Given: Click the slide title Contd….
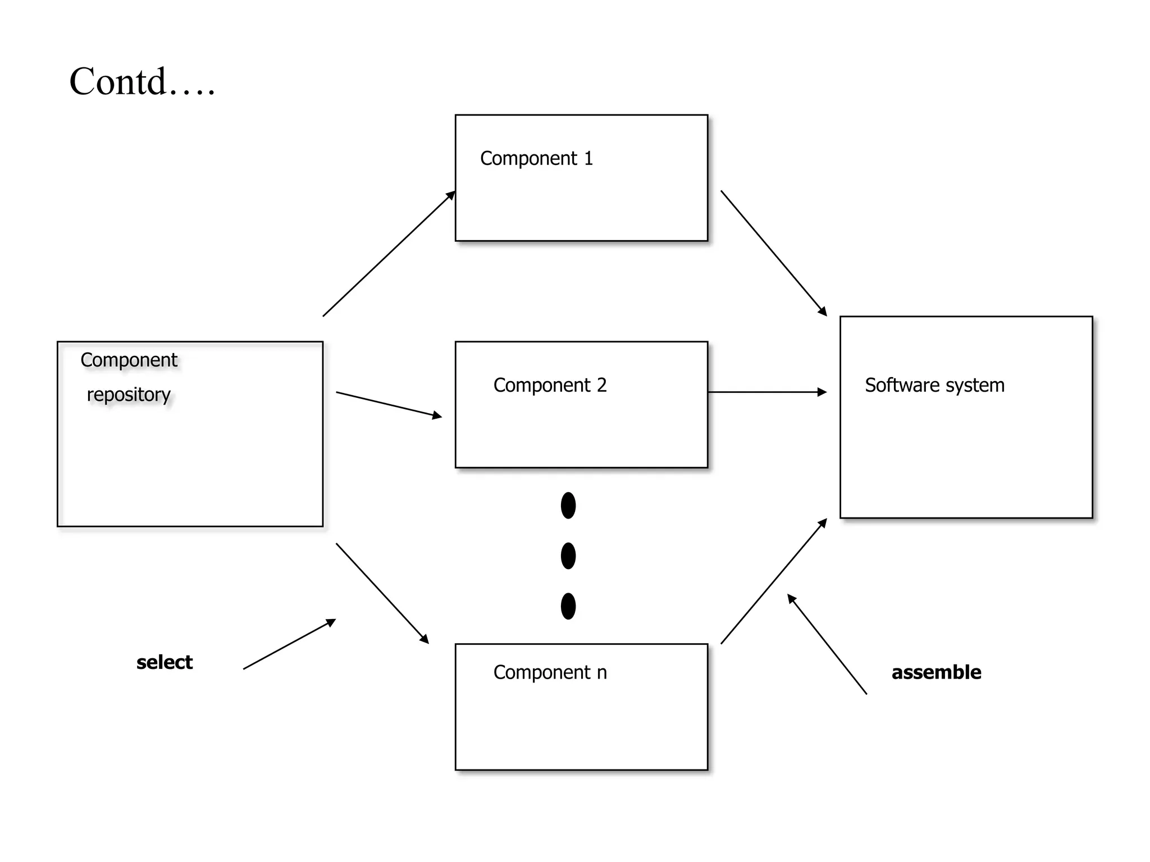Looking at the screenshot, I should pyautogui.click(x=142, y=82).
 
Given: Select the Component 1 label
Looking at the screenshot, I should pyautogui.click(x=536, y=159).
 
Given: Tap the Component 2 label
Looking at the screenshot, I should pyautogui.click(x=550, y=386).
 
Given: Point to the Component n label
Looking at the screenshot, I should pyautogui.click(x=550, y=672).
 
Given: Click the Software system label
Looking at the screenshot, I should pyautogui.click(x=934, y=386).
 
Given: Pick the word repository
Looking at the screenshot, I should pyautogui.click(x=129, y=395).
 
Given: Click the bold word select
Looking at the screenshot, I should pyautogui.click(x=165, y=662).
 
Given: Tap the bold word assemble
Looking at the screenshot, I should pyautogui.click(x=936, y=672).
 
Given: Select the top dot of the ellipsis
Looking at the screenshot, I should pyautogui.click(x=568, y=506).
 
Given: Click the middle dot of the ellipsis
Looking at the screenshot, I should pyautogui.click(x=568, y=556).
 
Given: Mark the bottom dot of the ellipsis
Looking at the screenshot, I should pyautogui.click(x=568, y=606).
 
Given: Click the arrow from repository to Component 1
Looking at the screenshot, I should pyautogui.click(x=389, y=254).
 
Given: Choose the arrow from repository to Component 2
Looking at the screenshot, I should pyautogui.click(x=389, y=405).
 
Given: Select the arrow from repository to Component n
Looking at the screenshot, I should pyautogui.click(x=382, y=593).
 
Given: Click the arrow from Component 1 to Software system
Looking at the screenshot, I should pyautogui.click(x=774, y=253).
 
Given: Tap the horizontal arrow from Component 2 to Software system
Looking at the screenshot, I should pyautogui.click(x=767, y=392).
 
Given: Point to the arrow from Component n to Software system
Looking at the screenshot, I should pyautogui.click(x=774, y=581).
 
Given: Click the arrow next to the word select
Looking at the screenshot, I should pyautogui.click(x=289, y=644).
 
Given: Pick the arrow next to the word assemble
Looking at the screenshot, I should pyautogui.click(x=827, y=644).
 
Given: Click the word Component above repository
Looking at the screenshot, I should pyautogui.click(x=129, y=360).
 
